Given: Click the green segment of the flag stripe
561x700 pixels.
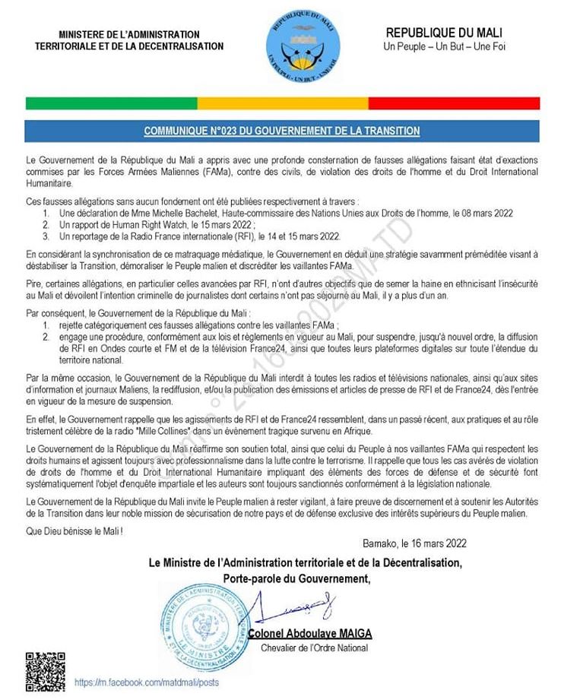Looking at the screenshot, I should [111, 103].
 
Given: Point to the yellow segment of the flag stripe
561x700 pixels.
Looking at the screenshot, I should [283, 103].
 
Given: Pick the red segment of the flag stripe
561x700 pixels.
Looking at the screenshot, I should [454, 103].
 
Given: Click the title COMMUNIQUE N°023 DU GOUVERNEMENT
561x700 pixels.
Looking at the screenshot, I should [282, 131].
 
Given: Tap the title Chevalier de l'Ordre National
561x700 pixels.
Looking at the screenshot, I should [313, 648].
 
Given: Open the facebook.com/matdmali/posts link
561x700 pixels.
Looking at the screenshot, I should [146, 683].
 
